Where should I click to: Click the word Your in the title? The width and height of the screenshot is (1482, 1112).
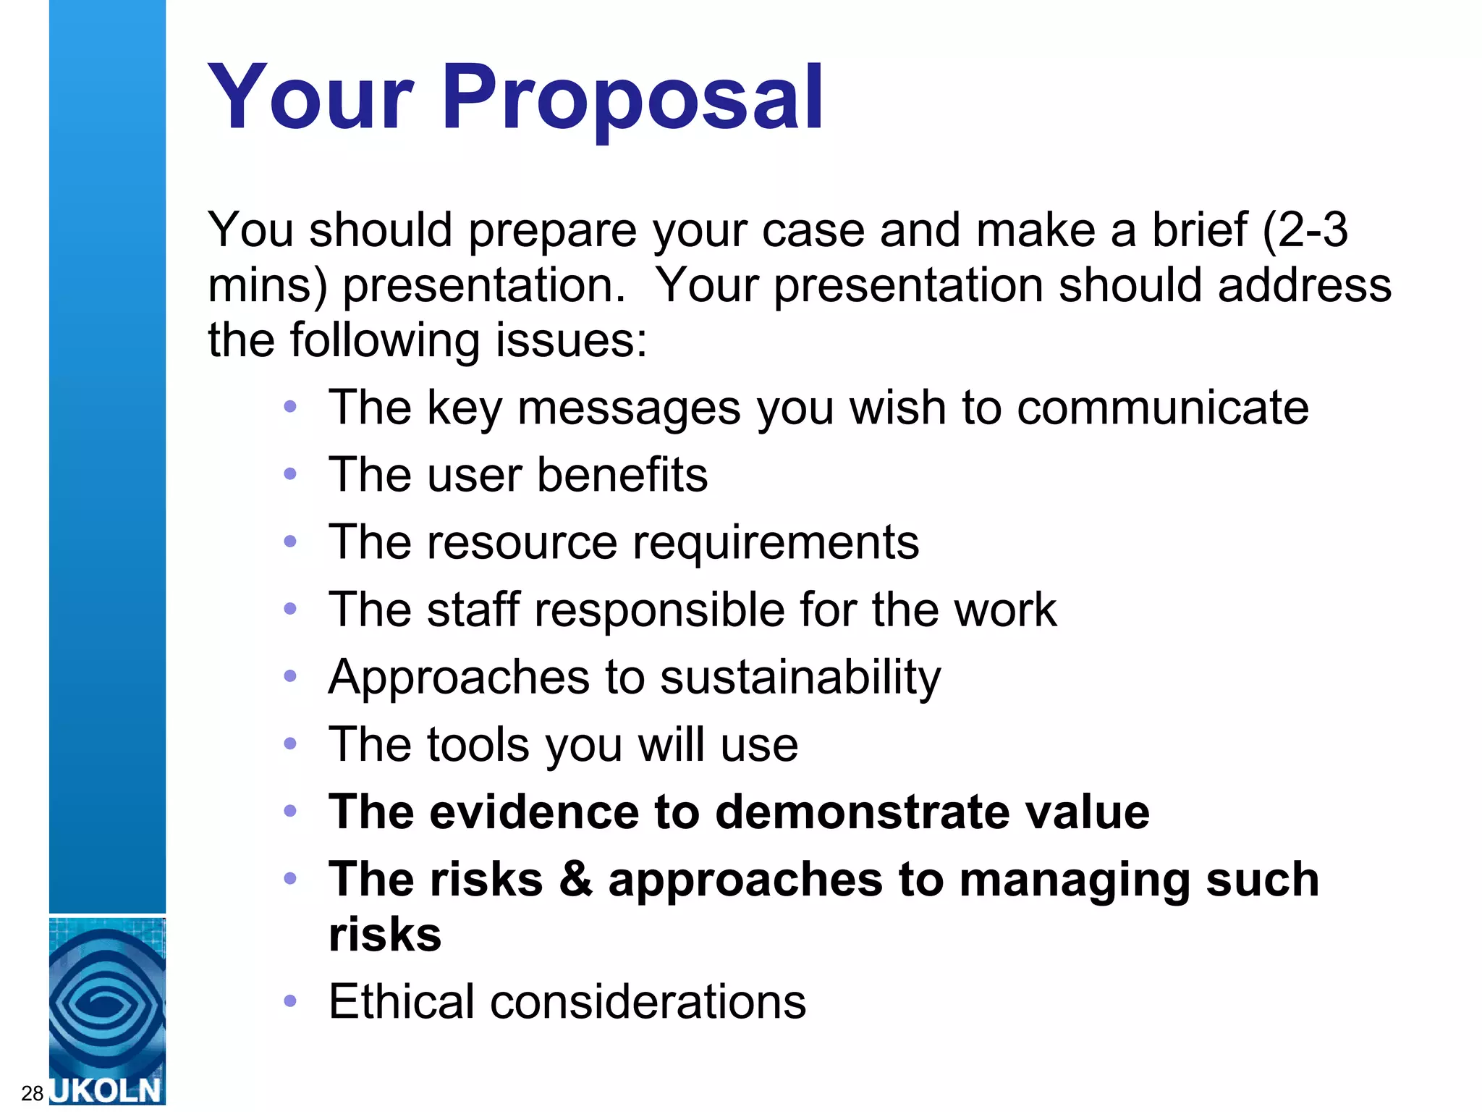[x=310, y=98]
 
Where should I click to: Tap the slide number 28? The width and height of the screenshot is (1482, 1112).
[x=32, y=1093]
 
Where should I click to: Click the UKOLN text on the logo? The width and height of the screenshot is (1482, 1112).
[x=107, y=1090]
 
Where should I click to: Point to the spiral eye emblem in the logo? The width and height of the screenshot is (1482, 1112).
[x=107, y=1003]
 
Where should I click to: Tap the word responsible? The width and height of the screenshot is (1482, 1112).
[x=659, y=610]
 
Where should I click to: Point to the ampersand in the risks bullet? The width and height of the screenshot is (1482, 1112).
[x=575, y=879]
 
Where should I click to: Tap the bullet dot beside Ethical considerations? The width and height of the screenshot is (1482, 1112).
[x=290, y=1001]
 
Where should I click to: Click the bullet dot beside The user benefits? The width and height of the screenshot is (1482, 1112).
[x=290, y=475]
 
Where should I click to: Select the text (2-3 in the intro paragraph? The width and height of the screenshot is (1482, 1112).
[x=1304, y=230]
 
